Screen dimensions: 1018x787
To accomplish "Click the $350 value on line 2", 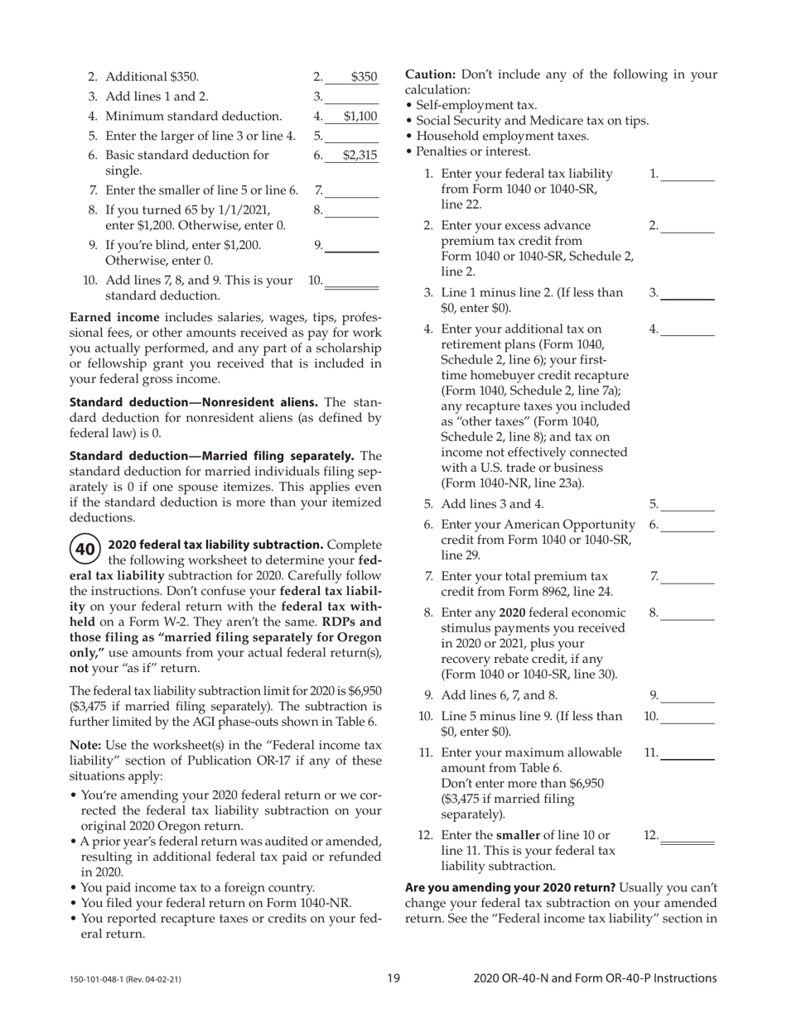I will pyautogui.click(x=363, y=77).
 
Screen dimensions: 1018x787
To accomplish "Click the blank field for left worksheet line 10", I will pyautogui.click(x=352, y=281).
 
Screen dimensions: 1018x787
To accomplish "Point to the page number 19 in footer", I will pyautogui.click(x=393, y=978).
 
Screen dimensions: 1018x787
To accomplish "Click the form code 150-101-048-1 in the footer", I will pyautogui.click(x=125, y=979).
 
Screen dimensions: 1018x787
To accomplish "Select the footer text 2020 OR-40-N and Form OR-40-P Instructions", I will pyautogui.click(x=595, y=978).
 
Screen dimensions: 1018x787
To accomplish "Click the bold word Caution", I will pyautogui.click(x=431, y=74).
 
